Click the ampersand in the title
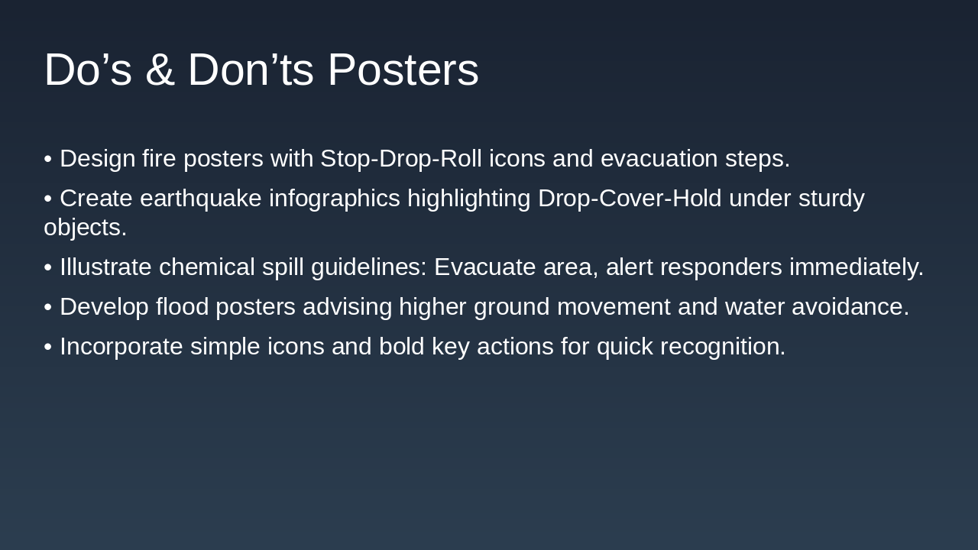point(160,70)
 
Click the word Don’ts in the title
point(251,70)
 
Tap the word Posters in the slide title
point(403,70)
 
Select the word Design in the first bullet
point(97,159)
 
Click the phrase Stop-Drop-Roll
point(401,159)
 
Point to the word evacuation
point(659,158)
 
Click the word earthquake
point(200,199)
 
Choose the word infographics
point(335,199)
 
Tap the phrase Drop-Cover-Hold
point(630,199)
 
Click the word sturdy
point(831,199)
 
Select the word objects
point(85,228)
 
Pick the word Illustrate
point(105,267)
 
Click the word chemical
point(206,267)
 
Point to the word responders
point(721,267)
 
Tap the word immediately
point(857,267)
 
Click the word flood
point(182,306)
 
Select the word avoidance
point(850,306)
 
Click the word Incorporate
point(121,347)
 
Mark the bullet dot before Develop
point(48,307)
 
